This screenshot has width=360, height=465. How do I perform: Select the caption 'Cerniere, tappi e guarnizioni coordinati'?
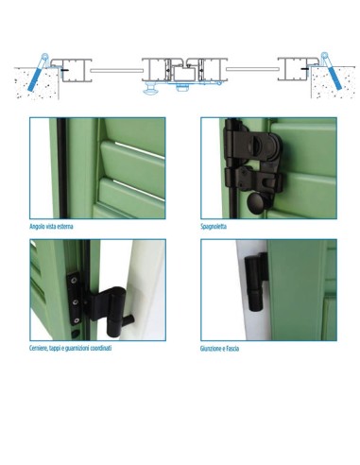coord(70,349)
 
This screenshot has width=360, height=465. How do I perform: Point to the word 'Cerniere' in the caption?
coord(40,349)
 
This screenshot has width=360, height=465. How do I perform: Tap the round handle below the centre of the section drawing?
coord(151,92)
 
